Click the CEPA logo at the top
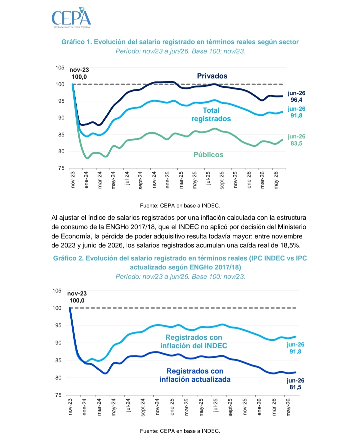click(x=71, y=18)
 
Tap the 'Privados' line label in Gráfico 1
click(x=212, y=76)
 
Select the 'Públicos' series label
click(x=208, y=155)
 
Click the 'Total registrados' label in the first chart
click(x=211, y=114)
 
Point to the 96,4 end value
click(x=296, y=100)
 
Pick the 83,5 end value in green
click(x=296, y=143)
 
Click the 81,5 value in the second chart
click(x=295, y=387)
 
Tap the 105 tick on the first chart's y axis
click(x=60, y=67)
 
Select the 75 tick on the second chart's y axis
click(x=58, y=395)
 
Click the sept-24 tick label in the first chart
click(x=140, y=180)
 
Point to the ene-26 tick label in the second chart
click(x=259, y=407)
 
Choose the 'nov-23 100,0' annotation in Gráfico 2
click(x=77, y=297)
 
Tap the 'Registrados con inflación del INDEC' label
click(x=194, y=341)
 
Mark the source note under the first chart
click(x=180, y=206)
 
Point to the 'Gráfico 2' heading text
click(x=68, y=258)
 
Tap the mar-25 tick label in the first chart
click(x=181, y=180)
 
